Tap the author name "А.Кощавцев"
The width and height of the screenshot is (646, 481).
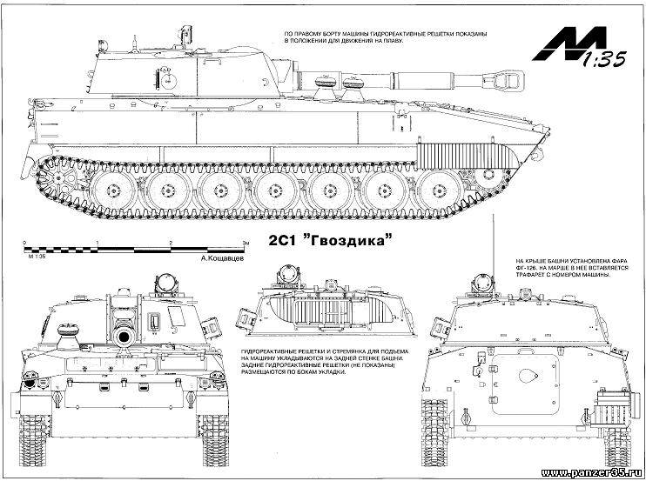coord(223,259)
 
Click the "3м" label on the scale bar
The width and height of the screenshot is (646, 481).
coord(246,243)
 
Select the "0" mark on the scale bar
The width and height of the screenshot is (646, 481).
coord(25,243)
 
